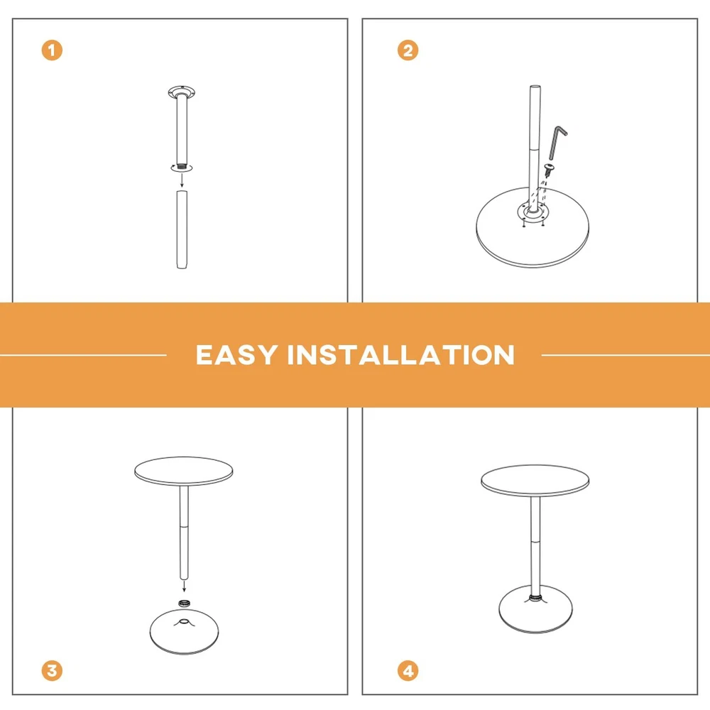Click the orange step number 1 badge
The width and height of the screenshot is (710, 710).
(x=52, y=50)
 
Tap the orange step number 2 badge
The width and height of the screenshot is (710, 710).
(x=408, y=50)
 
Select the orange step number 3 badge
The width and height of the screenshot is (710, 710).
(x=52, y=671)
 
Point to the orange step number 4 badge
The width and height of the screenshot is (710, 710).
(x=408, y=671)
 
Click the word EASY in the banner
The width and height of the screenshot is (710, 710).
(x=236, y=354)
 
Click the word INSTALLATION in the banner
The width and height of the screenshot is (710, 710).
(x=401, y=354)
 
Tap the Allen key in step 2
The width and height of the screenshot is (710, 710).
(x=557, y=142)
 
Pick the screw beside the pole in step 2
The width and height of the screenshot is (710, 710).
(x=550, y=170)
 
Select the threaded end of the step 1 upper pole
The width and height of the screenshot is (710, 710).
(x=182, y=167)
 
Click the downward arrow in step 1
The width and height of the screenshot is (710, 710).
(x=182, y=180)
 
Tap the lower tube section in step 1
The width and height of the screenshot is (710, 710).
(x=182, y=229)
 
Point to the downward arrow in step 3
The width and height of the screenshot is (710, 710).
(x=184, y=586)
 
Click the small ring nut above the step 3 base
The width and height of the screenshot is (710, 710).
(x=184, y=603)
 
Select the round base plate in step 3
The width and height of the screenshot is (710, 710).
(x=184, y=632)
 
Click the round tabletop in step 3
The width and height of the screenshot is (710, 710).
(x=184, y=471)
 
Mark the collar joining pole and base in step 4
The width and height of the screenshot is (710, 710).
(x=535, y=598)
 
